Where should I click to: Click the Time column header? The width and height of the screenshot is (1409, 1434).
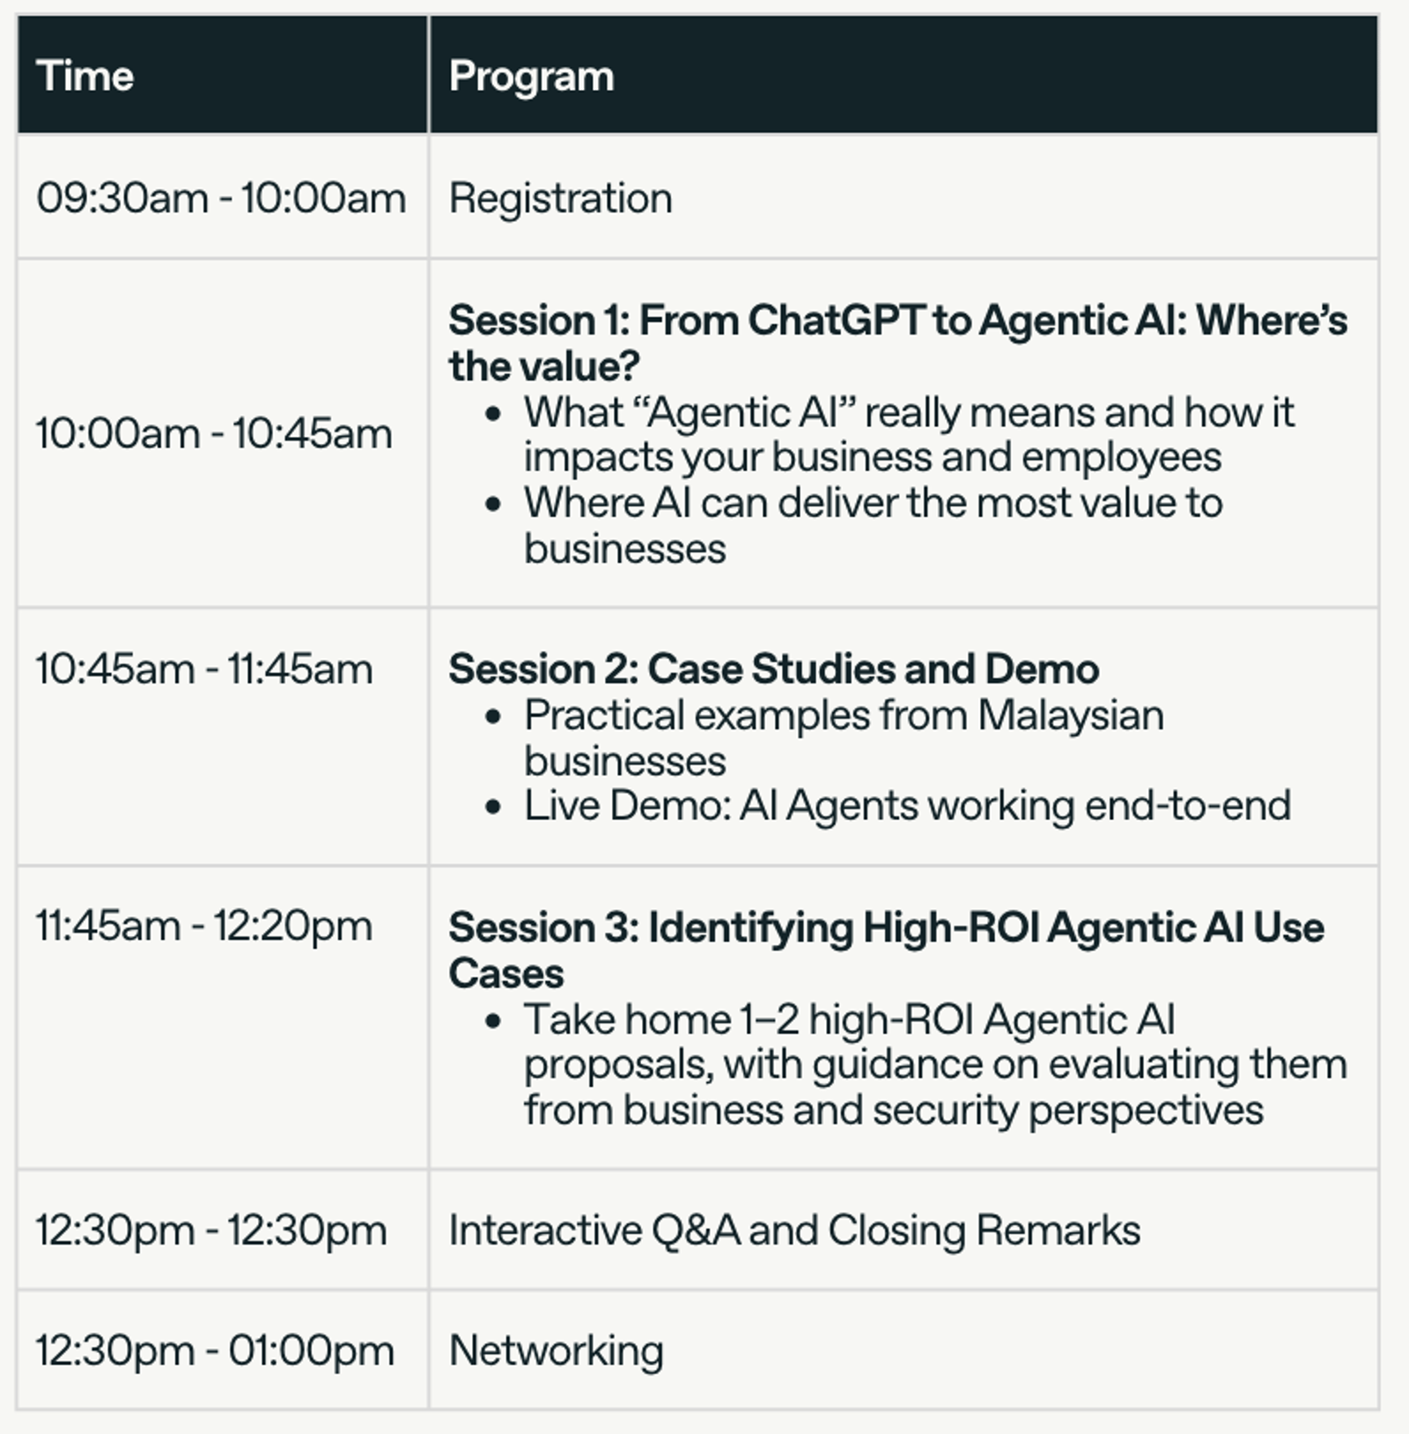tap(85, 76)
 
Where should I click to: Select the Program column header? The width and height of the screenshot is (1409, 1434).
tap(531, 77)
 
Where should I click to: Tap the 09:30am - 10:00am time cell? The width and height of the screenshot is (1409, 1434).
tap(221, 197)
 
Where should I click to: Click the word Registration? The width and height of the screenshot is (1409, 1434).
tap(560, 198)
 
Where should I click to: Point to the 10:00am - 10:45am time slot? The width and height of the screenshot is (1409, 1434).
tap(214, 433)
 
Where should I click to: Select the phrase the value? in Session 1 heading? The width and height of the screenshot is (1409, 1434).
tap(544, 366)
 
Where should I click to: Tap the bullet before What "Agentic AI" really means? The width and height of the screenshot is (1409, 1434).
tap(493, 413)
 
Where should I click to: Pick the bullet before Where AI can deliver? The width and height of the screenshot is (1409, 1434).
tap(493, 505)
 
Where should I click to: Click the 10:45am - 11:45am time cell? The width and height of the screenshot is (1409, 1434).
tap(204, 669)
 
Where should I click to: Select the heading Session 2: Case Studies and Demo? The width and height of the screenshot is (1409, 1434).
tap(773, 669)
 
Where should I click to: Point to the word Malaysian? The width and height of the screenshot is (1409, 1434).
tap(1070, 715)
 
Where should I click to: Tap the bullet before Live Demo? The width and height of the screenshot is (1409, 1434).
tap(493, 807)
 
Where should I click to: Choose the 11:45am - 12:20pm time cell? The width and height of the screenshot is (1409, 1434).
tap(204, 926)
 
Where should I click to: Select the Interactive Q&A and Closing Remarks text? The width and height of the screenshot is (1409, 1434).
tap(794, 1230)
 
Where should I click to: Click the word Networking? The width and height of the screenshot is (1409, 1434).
tap(556, 1350)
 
